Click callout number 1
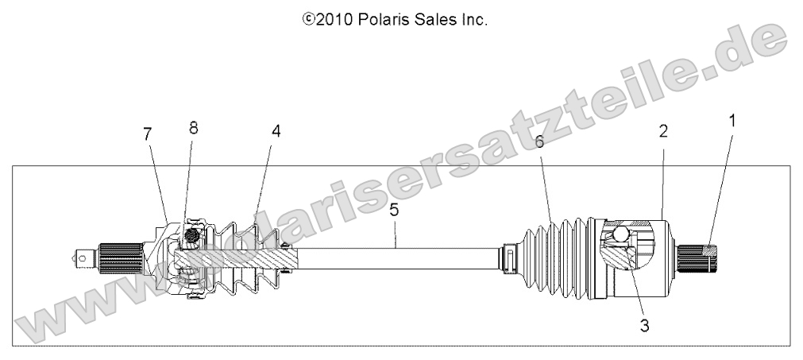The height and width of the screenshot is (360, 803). tap(732, 122)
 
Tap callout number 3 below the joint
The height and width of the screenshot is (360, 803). tap(644, 324)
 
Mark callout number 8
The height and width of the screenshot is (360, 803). tap(193, 127)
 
